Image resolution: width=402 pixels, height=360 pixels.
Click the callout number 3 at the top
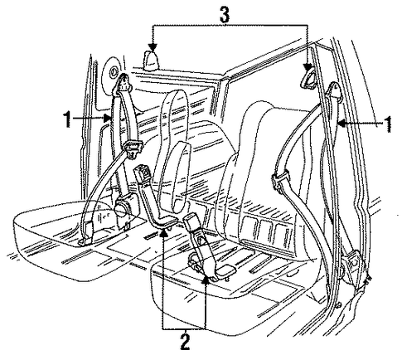pos(225,15)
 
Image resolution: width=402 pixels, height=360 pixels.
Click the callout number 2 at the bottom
pos(185,342)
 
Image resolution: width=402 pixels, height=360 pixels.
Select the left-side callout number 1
pos(67,119)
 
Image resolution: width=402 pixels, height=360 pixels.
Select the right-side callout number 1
pos(388,124)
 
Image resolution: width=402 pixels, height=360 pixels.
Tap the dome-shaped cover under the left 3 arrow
pos(151,61)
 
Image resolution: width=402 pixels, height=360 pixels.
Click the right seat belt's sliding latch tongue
pos(279,180)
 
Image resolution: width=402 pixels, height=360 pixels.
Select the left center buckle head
pos(142,173)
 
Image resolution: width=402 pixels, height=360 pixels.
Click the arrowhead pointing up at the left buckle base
pos(163,233)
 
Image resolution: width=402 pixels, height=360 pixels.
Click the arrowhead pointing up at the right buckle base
pos(206,280)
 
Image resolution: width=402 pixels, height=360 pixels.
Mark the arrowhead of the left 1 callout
pos(108,119)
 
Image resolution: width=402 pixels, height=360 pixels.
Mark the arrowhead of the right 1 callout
pos(342,124)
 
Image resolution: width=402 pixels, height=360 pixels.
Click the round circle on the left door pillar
pos(113,72)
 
